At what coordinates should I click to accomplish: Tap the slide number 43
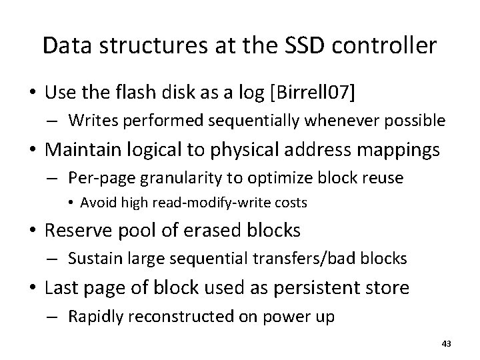[447, 343]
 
